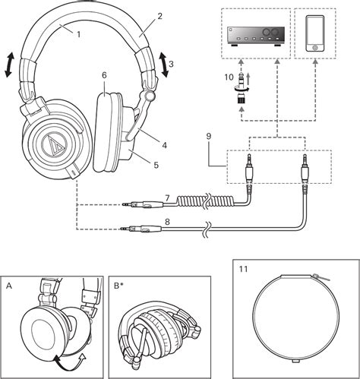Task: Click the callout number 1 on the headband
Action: pyautogui.click(x=78, y=34)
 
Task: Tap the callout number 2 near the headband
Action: pyautogui.click(x=159, y=16)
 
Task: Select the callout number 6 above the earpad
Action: pyautogui.click(x=104, y=75)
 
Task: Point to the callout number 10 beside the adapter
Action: pyautogui.click(x=229, y=77)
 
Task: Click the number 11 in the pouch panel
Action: pyautogui.click(x=243, y=269)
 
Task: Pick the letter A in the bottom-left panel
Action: pyautogui.click(x=9, y=286)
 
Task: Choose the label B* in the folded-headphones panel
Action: pyautogui.click(x=118, y=286)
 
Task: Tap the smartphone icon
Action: pyautogui.click(x=315, y=33)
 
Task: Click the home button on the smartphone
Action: pyautogui.click(x=315, y=47)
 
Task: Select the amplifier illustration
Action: pyautogui.click(x=256, y=36)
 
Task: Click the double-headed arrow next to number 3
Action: pyautogui.click(x=164, y=65)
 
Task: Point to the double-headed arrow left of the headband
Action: pyautogui.click(x=9, y=65)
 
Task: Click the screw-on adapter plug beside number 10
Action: pyautogui.click(x=242, y=88)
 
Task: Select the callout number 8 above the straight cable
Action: pyautogui.click(x=167, y=222)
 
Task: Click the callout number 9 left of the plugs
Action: pyautogui.click(x=208, y=137)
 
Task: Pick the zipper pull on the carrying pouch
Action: pyautogui.click(x=321, y=277)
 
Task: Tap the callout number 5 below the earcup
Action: pyautogui.click(x=156, y=166)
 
